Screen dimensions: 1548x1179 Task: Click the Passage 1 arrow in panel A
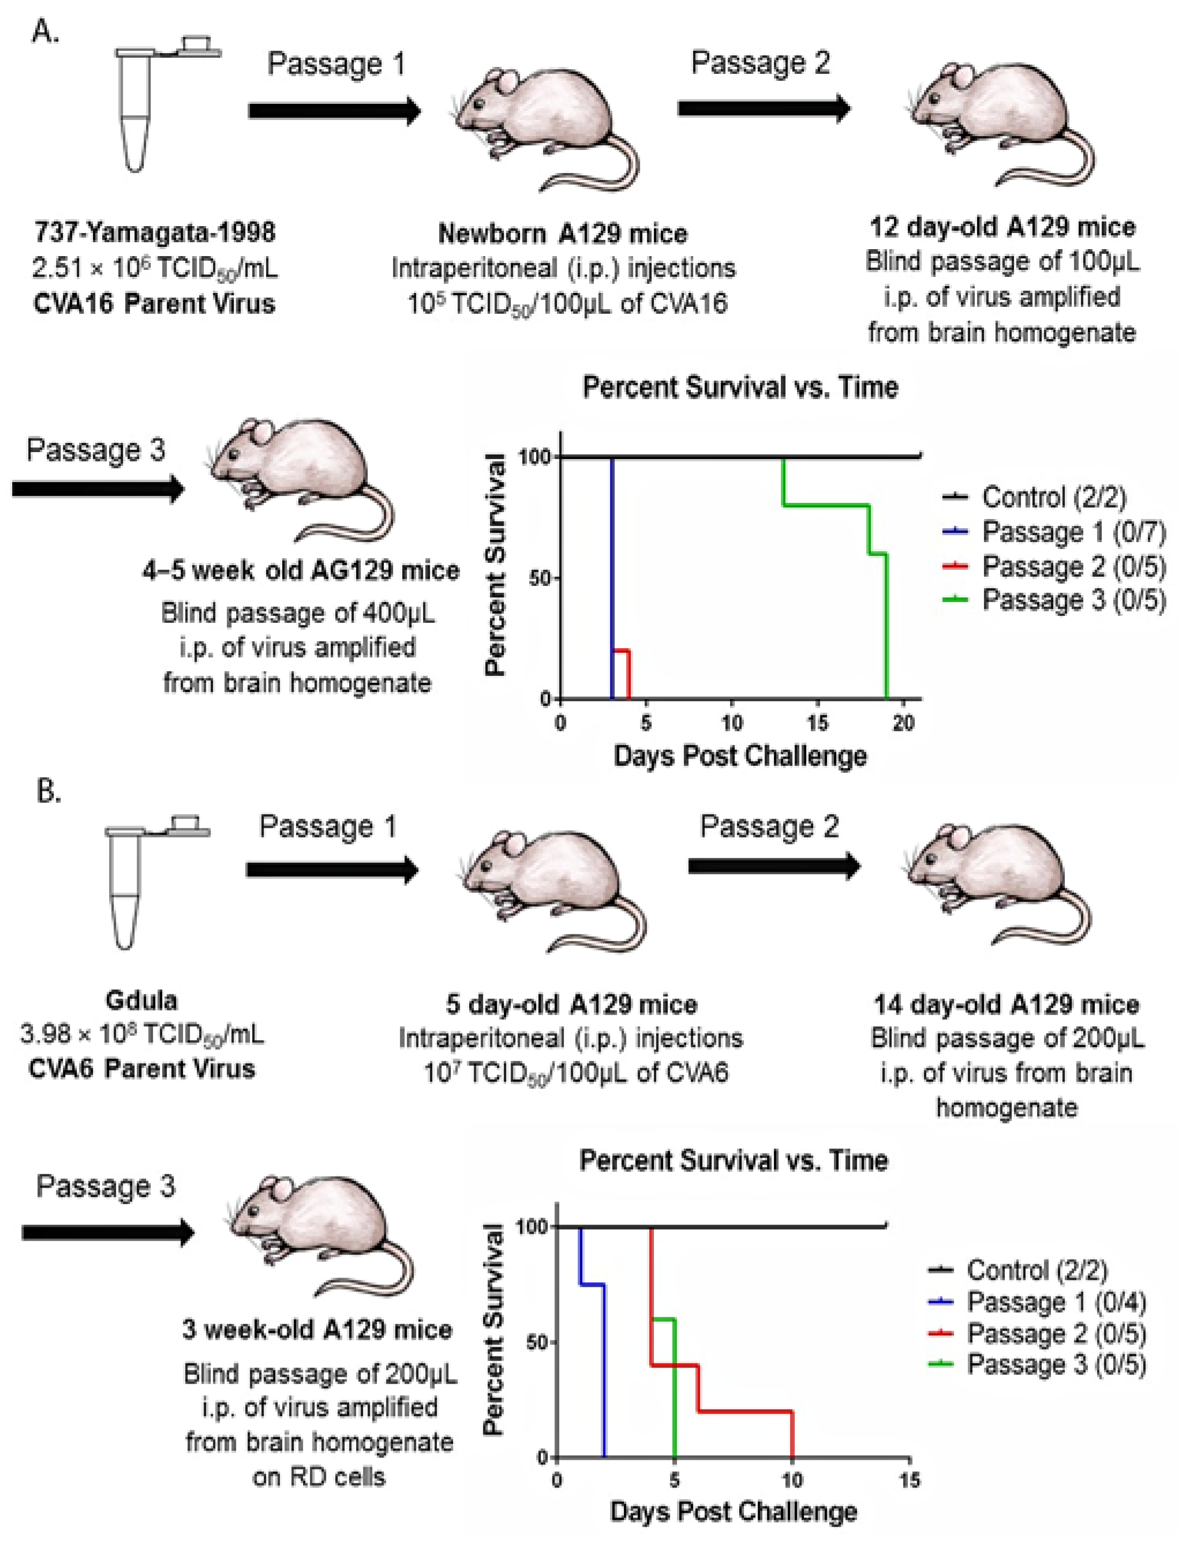click(x=334, y=111)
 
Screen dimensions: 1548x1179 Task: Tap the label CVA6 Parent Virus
click(x=143, y=1069)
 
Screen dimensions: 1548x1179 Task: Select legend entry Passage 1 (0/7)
click(x=1074, y=532)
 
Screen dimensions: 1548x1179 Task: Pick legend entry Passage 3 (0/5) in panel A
click(x=1074, y=600)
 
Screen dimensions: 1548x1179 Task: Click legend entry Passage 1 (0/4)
click(x=1057, y=1302)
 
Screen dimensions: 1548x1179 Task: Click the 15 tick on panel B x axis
click(x=909, y=1481)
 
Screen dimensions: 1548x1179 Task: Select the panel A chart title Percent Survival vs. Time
click(x=740, y=388)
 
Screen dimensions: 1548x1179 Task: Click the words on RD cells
click(x=319, y=1477)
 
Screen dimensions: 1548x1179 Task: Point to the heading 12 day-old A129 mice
click(x=1002, y=227)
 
